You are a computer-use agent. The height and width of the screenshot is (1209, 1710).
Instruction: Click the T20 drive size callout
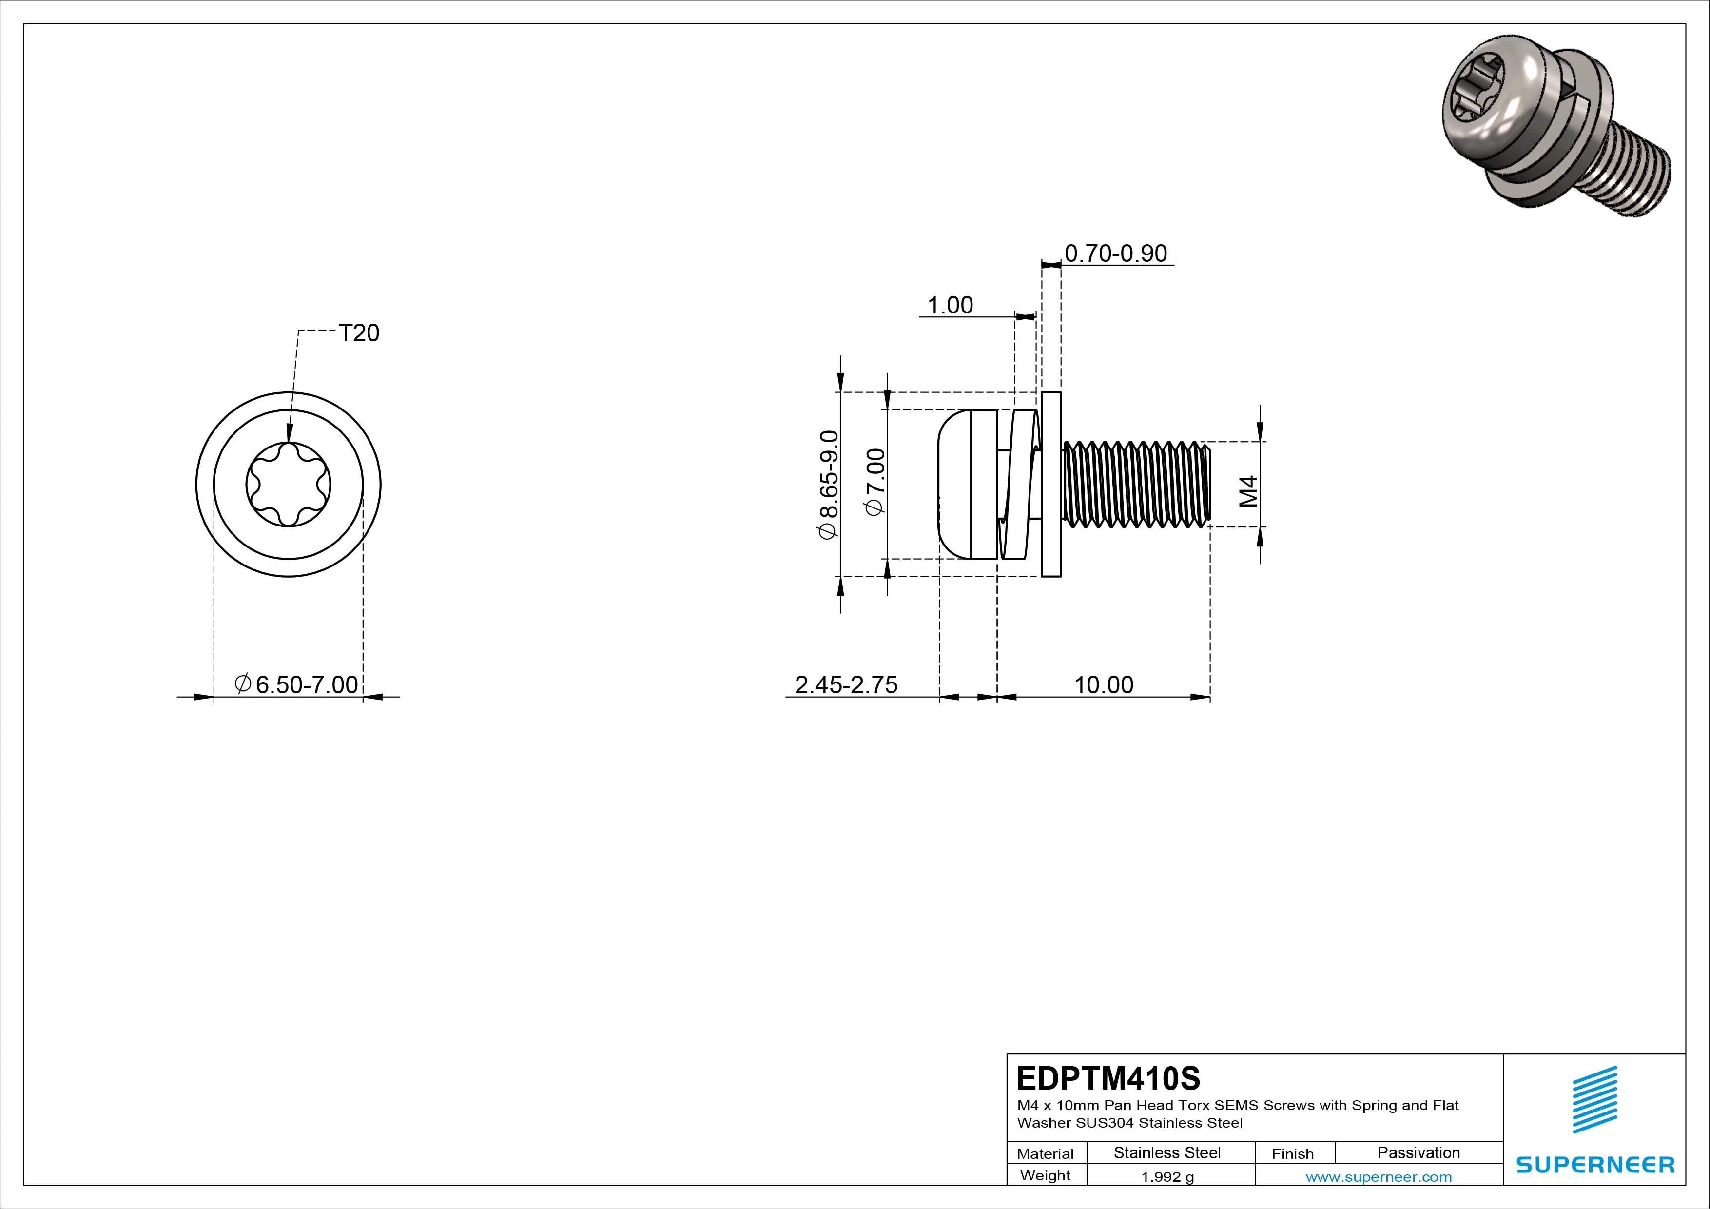pyautogui.click(x=358, y=333)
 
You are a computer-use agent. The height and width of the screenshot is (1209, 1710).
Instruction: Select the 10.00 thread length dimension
pyautogui.click(x=1103, y=684)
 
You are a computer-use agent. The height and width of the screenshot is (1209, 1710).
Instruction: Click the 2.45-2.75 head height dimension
pyautogui.click(x=846, y=684)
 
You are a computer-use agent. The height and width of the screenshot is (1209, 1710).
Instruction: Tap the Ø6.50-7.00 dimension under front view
pyautogui.click(x=296, y=684)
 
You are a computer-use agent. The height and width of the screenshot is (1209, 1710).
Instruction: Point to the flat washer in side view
pyautogui.click(x=1051, y=484)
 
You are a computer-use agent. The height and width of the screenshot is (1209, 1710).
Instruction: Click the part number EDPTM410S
pyautogui.click(x=1108, y=1078)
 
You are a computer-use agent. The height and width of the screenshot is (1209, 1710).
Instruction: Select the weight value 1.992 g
pyautogui.click(x=1167, y=1177)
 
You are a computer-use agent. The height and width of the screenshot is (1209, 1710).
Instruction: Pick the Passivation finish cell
pyautogui.click(x=1418, y=1152)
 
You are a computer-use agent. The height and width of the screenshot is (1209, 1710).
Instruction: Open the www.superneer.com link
pyautogui.click(x=1379, y=1177)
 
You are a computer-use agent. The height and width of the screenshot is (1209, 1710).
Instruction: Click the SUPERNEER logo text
pyautogui.click(x=1594, y=1164)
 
